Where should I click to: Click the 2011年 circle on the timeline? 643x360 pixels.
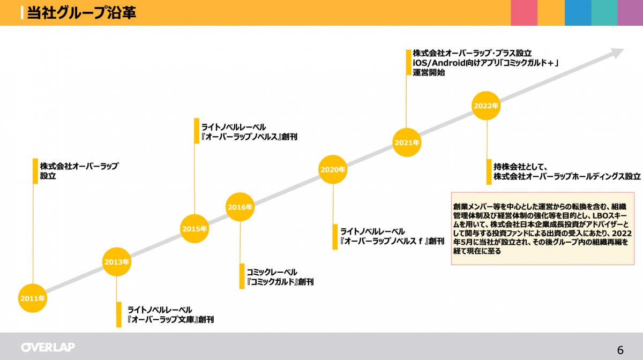click(x=33, y=298)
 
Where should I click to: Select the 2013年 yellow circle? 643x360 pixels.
click(x=117, y=262)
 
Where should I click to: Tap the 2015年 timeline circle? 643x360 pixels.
click(x=194, y=229)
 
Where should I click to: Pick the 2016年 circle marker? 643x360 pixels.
click(x=240, y=207)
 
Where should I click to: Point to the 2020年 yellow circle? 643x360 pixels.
click(x=333, y=169)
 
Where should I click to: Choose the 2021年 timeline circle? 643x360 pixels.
click(x=407, y=142)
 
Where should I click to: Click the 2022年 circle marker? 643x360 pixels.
click(x=486, y=106)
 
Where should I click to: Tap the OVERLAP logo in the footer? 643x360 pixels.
click(x=48, y=347)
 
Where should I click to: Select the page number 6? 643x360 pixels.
click(x=620, y=350)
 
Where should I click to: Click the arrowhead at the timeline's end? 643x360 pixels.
click(x=617, y=53)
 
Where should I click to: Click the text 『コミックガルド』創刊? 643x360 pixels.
click(x=280, y=282)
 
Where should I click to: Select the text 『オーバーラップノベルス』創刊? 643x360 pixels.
click(x=249, y=137)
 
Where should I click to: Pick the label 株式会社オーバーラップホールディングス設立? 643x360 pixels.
click(x=567, y=176)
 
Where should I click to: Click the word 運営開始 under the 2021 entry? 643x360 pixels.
click(x=429, y=73)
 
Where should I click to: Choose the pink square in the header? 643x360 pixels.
click(x=524, y=13)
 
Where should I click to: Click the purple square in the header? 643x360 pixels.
click(x=630, y=13)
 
